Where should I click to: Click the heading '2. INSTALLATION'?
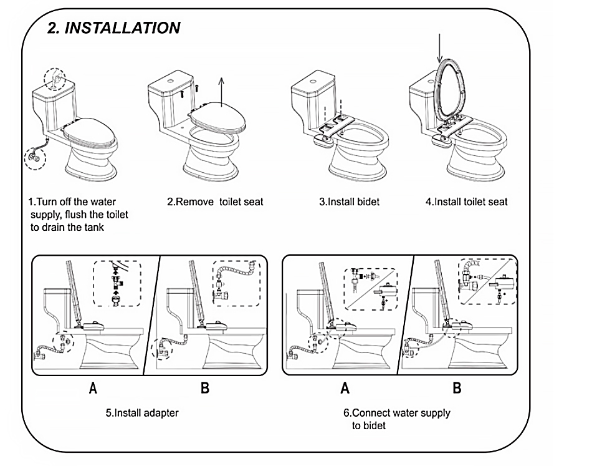pos(115,28)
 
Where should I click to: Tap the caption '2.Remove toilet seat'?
pos(215,201)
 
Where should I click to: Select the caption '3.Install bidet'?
pos(349,201)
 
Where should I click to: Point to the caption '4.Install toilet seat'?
pos(466,201)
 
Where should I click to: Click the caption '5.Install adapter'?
pos(142,413)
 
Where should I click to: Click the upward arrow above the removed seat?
pos(222,89)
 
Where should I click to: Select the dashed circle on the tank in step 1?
pos(57,79)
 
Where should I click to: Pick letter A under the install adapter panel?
pos(93,388)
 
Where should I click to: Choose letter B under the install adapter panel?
pos(205,388)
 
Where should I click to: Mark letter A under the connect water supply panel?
pos(345,388)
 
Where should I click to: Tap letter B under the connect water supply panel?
pos(457,388)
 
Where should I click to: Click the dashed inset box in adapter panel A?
pos(117,284)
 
